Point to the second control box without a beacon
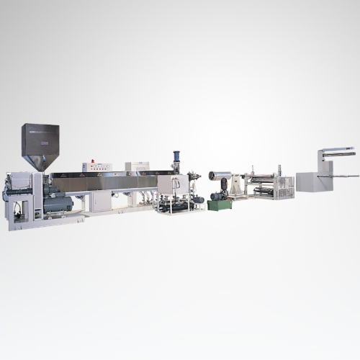pyautogui.click(x=137, y=166)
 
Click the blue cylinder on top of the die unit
pyautogui.click(x=175, y=158)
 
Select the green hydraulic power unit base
pyautogui.click(x=220, y=204)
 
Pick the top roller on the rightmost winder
pyautogui.click(x=337, y=153)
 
